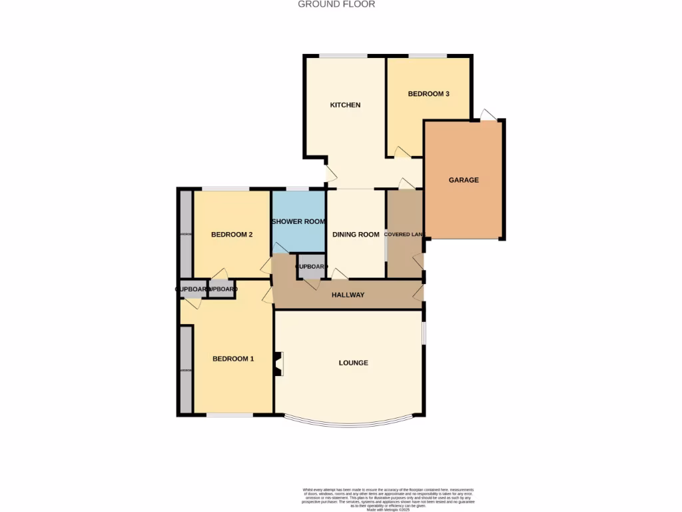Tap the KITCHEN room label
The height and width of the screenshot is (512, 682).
click(x=346, y=105)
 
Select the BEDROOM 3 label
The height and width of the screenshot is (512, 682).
click(x=428, y=94)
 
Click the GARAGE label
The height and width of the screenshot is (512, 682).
click(x=464, y=180)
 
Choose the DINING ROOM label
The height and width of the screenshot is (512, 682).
click(x=356, y=234)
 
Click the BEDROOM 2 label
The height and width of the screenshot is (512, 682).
click(x=231, y=234)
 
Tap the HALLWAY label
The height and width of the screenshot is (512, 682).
click(x=348, y=295)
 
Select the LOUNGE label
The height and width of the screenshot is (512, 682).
click(x=354, y=363)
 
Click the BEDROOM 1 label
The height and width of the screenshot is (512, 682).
click(x=233, y=359)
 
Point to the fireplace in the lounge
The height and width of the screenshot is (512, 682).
click(x=279, y=363)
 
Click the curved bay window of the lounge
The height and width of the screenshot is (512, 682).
click(x=348, y=423)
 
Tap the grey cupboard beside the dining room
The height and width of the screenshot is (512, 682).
click(x=311, y=266)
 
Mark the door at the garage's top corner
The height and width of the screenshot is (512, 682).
click(x=488, y=115)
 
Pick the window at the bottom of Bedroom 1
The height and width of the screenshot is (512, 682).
click(x=230, y=415)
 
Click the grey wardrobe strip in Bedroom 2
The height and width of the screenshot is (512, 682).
click(x=185, y=234)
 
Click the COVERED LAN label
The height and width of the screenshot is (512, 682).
click(x=404, y=234)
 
